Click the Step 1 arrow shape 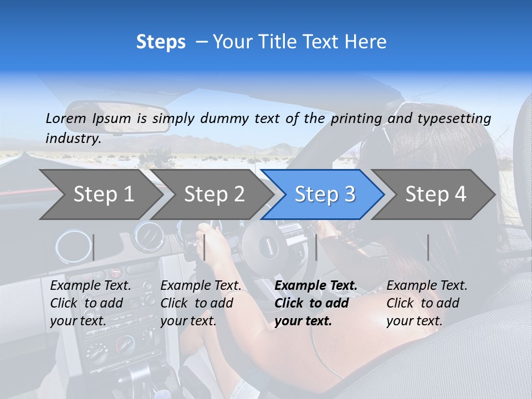pyautogui.click(x=100, y=194)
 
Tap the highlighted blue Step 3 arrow pyautogui.click(x=324, y=194)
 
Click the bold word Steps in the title pyautogui.click(x=161, y=42)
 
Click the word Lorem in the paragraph pyautogui.click(x=66, y=118)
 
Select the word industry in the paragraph pyautogui.click(x=73, y=139)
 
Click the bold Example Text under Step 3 pyautogui.click(x=316, y=286)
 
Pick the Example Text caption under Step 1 pyautogui.click(x=90, y=286)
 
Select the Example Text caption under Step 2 pyautogui.click(x=201, y=286)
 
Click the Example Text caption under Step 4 pyautogui.click(x=427, y=286)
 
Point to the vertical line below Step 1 pyautogui.click(x=93, y=247)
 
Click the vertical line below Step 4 pyautogui.click(x=428, y=247)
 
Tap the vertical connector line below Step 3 pyautogui.click(x=316, y=247)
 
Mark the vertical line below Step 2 pyautogui.click(x=204, y=247)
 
